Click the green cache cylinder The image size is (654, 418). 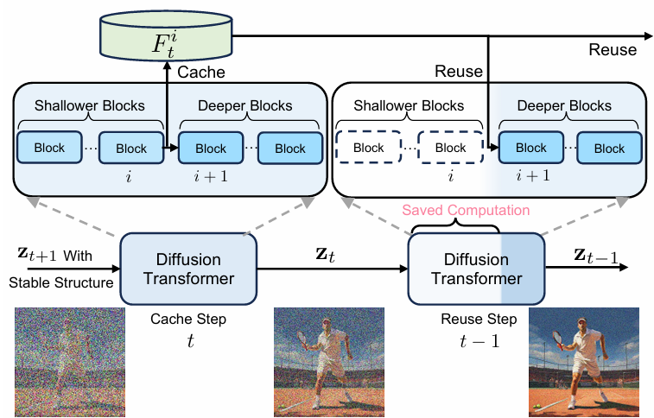(166, 36)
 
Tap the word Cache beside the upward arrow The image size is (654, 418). (201, 72)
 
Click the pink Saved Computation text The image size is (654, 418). (466, 210)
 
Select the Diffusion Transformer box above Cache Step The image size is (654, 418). (188, 269)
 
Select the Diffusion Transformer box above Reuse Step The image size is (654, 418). (476, 269)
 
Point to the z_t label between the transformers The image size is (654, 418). (326, 254)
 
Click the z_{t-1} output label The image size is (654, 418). (596, 256)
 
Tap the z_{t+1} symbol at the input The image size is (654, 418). (36, 254)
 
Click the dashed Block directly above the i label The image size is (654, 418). (450, 148)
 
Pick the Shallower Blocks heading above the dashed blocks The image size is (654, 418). (409, 106)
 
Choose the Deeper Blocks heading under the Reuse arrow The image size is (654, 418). (564, 106)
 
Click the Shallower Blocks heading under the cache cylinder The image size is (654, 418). (90, 106)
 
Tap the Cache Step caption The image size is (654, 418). (188, 320)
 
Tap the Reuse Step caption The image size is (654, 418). (479, 320)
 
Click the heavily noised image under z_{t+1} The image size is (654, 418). (70, 362)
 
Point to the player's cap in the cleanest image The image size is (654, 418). (580, 321)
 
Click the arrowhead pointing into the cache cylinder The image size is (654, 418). (167, 66)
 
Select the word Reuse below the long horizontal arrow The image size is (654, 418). (613, 50)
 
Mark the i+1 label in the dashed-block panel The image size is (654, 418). (533, 175)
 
